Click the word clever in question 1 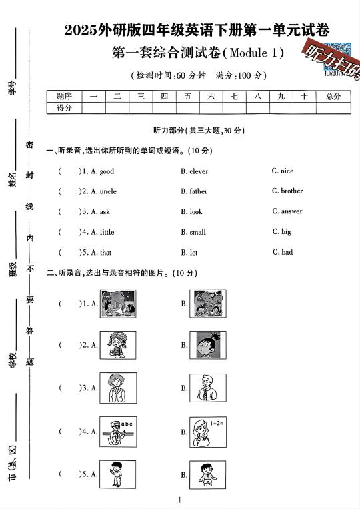199,171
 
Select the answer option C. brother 287,191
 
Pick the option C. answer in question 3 287,211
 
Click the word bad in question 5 287,252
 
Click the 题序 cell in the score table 64,96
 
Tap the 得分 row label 64,107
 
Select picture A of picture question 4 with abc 118,431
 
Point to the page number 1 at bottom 180,500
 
